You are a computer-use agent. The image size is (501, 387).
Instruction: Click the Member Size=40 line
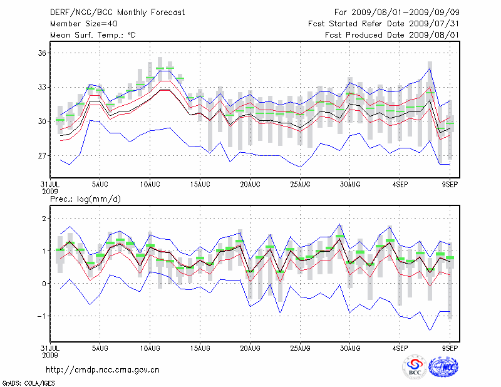tap(83, 24)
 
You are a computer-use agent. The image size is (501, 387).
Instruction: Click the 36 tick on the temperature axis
tap(42, 53)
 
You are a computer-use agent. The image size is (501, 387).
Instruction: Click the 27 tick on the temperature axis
tap(42, 155)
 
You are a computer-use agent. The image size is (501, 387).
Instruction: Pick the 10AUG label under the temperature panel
tap(150, 185)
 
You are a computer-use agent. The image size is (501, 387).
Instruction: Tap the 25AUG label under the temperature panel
tap(300, 185)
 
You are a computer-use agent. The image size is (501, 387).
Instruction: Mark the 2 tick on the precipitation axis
tap(44, 219)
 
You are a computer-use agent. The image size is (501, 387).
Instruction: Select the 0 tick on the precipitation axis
tap(44, 284)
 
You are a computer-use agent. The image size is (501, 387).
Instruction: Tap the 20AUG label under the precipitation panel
tap(250, 347)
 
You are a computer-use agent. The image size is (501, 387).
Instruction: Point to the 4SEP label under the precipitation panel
tap(400, 347)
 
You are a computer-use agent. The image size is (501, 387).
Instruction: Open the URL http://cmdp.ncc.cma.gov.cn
tap(103, 369)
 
